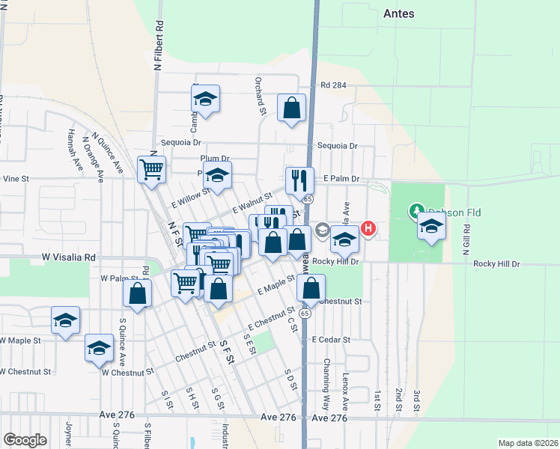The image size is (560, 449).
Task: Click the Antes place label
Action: tap(398, 13)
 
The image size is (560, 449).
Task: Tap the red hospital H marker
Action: tap(368, 228)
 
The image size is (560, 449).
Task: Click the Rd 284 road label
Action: tap(333, 85)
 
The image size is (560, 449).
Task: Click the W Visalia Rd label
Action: tap(68, 257)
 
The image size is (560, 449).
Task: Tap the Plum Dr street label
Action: tap(215, 159)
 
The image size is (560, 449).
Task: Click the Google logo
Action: tap(25, 440)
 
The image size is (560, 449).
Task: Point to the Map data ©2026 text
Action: tap(527, 443)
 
